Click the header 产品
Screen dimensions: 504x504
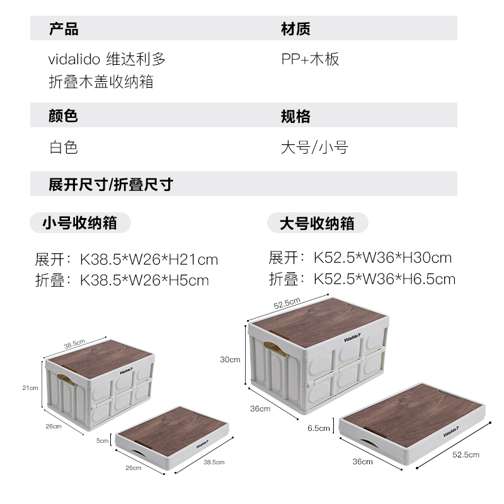tap(64, 29)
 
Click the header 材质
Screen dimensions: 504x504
tap(295, 29)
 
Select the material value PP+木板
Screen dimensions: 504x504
tap(310, 59)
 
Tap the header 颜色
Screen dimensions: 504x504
tap(64, 116)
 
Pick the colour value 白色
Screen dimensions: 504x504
tap(64, 147)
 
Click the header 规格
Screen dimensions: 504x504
tap(295, 116)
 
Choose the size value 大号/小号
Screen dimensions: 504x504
tap(314, 147)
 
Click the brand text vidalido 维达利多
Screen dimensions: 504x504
tap(107, 59)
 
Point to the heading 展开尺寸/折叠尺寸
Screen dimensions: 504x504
tap(110, 185)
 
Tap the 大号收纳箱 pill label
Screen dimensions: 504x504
tap(317, 224)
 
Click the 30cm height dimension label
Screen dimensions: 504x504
tap(230, 360)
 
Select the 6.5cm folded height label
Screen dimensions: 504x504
tap(319, 428)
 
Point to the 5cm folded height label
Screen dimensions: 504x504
tap(102, 441)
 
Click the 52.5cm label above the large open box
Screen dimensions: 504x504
tap(287, 304)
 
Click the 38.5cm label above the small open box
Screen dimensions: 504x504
tap(74, 343)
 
